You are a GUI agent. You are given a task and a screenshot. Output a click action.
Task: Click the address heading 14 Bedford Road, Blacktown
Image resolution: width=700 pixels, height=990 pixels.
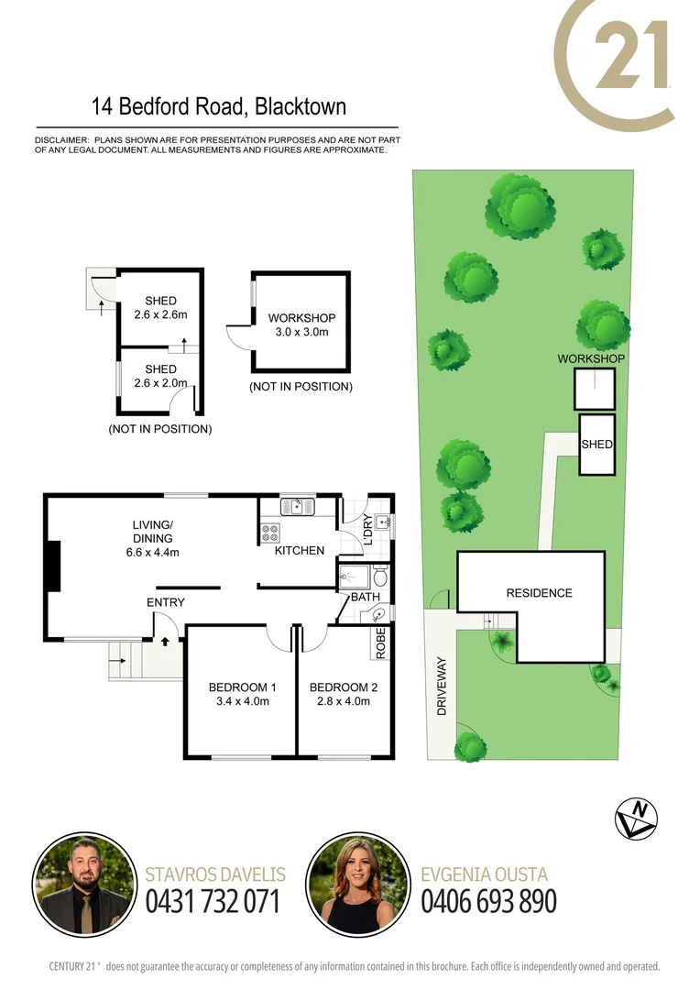[218, 107]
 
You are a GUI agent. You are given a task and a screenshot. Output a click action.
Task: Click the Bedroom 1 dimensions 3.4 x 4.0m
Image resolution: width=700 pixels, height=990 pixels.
[243, 702]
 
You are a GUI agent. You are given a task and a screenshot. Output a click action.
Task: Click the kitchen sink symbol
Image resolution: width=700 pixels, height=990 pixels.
[298, 505]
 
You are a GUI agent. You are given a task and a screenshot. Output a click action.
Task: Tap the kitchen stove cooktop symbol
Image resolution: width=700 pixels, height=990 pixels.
[272, 530]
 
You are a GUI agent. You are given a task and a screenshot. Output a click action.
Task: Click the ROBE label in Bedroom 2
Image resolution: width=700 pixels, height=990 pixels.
[381, 642]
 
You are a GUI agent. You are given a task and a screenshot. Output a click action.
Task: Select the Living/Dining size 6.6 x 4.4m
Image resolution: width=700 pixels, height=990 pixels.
[152, 552]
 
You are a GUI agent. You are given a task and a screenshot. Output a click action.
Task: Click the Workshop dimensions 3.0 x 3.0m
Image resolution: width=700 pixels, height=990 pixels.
[301, 332]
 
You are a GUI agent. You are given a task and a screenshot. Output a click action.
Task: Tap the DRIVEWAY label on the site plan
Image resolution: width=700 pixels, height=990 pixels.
[441, 686]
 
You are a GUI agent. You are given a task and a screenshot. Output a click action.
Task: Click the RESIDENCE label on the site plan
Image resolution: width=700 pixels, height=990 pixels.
[539, 593]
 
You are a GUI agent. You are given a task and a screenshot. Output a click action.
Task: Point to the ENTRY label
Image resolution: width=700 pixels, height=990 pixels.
[166, 602]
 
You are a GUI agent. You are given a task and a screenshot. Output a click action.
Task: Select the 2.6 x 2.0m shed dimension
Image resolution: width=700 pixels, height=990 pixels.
[160, 383]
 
